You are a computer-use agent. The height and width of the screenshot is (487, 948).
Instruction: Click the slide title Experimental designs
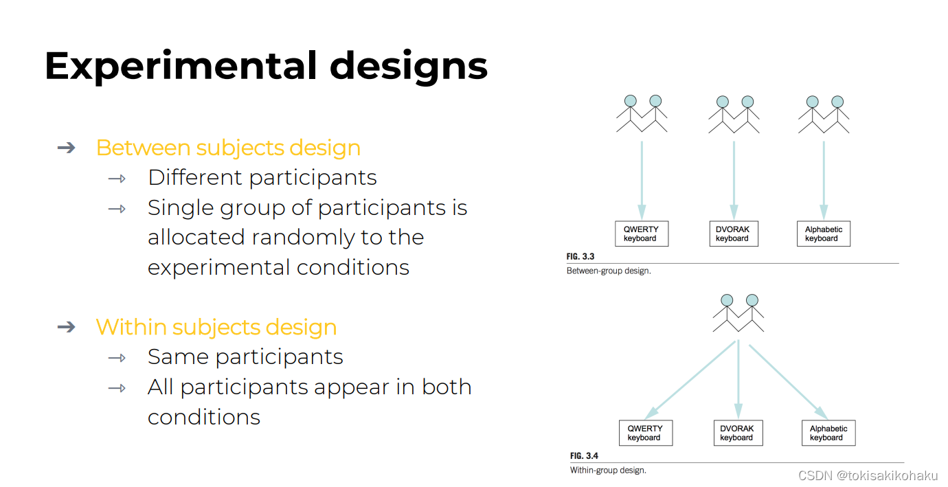266,67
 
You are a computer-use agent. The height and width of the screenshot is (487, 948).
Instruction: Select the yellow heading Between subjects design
228,148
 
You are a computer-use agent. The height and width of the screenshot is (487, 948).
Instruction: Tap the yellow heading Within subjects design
216,327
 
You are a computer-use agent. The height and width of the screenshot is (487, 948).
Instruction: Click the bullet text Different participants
262,178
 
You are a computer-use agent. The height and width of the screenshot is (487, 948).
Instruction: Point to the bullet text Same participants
245,357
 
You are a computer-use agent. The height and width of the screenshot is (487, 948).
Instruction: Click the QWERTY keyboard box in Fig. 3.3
641,234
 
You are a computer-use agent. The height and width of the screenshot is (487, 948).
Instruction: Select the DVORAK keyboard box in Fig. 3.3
732,234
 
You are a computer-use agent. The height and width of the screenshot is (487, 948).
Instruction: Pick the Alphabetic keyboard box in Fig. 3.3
824,234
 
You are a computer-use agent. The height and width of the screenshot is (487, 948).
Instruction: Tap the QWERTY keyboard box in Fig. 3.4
645,433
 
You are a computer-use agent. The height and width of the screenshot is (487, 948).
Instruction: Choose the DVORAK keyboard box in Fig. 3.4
737,433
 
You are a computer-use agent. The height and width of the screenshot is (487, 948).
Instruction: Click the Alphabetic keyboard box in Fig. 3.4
828,433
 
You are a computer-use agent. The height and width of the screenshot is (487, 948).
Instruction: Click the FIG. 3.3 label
580,257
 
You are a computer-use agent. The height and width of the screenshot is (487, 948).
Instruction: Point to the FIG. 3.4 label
585,456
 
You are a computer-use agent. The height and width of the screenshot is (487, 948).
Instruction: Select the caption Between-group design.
609,271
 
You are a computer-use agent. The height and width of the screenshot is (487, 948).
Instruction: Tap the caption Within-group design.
608,471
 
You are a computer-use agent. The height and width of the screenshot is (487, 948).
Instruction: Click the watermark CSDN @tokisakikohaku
868,475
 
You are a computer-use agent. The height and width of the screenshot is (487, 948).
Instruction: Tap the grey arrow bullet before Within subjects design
66,326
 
